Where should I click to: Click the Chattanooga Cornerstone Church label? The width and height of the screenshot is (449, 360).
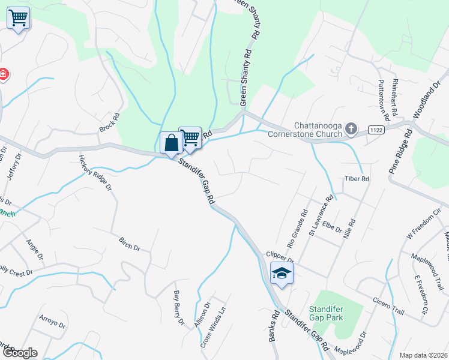pyautogui.click(x=319, y=130)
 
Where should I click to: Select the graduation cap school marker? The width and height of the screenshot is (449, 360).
pyautogui.click(x=281, y=273)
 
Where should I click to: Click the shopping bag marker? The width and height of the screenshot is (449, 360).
pyautogui.click(x=171, y=143)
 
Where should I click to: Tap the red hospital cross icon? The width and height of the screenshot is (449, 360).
pyautogui.click(x=3, y=74)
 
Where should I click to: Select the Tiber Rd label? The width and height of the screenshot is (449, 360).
pyautogui.click(x=355, y=179)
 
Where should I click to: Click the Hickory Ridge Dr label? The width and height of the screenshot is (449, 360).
pyautogui.click(x=95, y=172)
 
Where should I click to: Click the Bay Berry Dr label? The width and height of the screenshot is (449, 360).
pyautogui.click(x=178, y=308)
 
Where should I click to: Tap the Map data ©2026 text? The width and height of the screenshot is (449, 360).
pyautogui.click(x=423, y=355)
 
